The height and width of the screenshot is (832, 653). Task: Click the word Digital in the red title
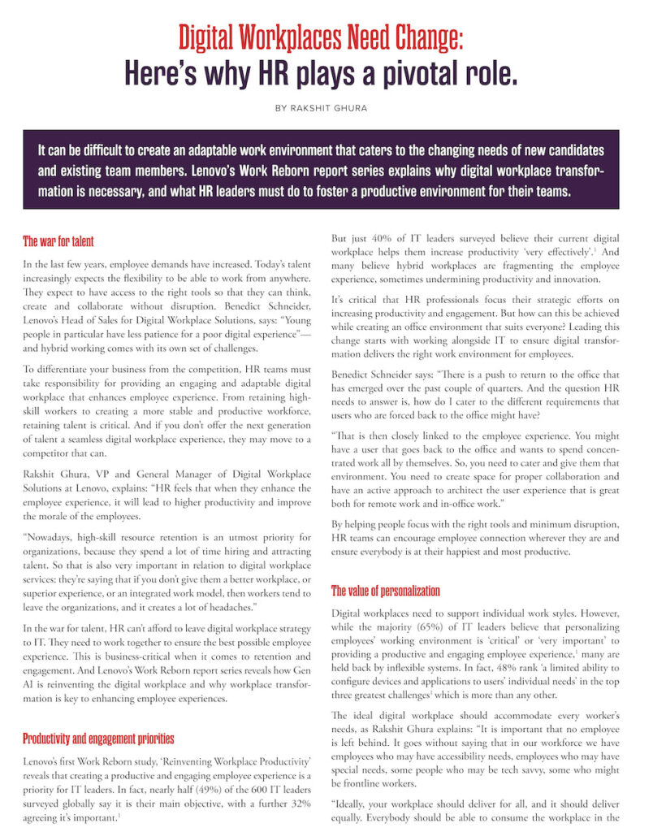click(214, 37)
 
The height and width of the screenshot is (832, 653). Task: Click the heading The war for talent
click(58, 241)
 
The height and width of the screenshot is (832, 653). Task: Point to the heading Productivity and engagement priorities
click(97, 739)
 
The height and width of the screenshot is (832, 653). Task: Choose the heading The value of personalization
click(386, 591)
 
